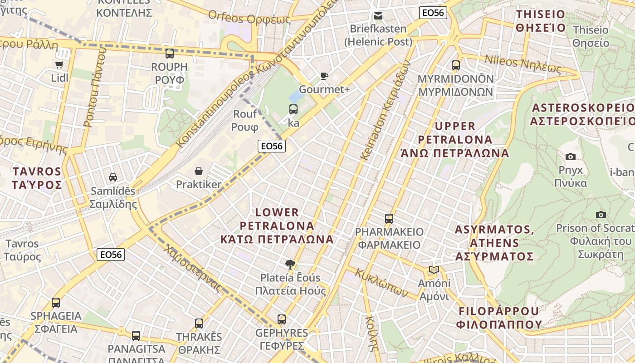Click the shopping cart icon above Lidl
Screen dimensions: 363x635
click(59, 64)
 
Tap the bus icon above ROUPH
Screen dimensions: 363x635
click(170, 54)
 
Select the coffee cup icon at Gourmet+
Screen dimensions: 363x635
click(324, 76)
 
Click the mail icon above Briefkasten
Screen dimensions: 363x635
click(378, 16)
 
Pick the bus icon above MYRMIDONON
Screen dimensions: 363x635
click(456, 65)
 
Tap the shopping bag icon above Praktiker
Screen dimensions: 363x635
click(199, 171)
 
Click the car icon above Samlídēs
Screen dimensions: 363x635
click(113, 177)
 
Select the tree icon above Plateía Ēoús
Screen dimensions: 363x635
click(290, 264)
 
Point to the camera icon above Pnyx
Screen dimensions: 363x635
click(571, 157)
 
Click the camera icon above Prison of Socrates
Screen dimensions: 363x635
click(601, 215)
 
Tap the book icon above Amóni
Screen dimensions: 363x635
click(434, 270)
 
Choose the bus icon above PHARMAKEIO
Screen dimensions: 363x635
click(389, 219)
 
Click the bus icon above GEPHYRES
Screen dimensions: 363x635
click(282, 319)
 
